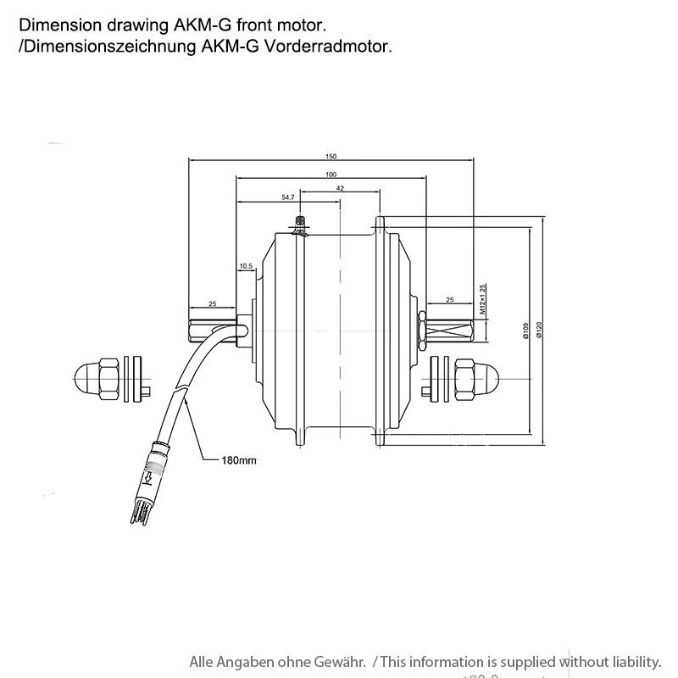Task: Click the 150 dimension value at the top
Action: coord(331,157)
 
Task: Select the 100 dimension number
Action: coord(331,175)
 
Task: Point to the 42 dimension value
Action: coord(340,188)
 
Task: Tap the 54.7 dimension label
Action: coord(287,197)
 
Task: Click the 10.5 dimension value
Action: coord(246,266)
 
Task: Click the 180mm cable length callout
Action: coord(240,461)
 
